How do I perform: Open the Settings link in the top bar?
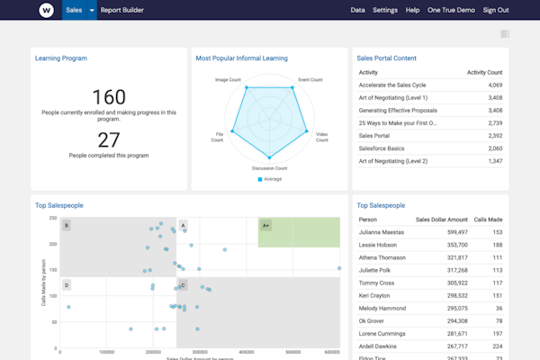coord(384,10)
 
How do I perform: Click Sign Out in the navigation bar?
coord(495,10)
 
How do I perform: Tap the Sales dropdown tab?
coord(78,10)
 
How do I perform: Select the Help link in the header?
coord(412,10)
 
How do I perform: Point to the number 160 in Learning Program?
coord(108,96)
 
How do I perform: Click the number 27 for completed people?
coord(108,139)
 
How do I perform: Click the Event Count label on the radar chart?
coord(310,79)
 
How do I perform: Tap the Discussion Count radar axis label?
coord(269,168)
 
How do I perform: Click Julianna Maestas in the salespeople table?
coord(381,232)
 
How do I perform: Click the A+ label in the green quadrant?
coord(265,225)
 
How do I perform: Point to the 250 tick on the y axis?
coord(53,218)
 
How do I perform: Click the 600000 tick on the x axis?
coord(331,353)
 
